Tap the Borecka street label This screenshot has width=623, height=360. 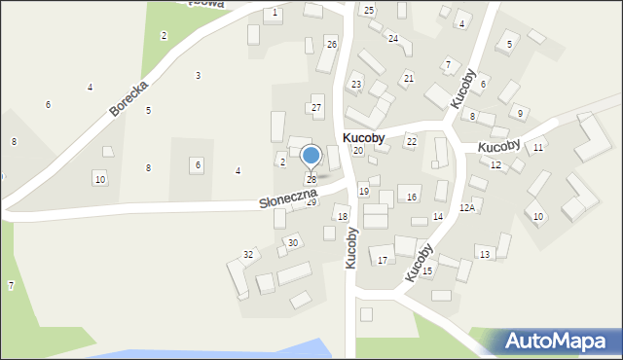coord(128,98)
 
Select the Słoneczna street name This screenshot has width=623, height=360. coord(287,198)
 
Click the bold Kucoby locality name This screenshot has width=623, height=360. coord(363,139)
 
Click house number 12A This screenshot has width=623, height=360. coord(467,207)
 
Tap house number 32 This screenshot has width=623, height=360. coord(248,255)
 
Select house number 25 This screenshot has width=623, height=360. coord(368,10)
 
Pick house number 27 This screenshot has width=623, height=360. coord(316,107)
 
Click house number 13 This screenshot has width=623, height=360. coord(484,254)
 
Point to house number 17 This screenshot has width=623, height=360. coord(383,260)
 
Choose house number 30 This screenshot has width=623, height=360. coord(293,242)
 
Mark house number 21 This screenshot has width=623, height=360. coord(409,78)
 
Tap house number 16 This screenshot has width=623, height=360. coord(412,198)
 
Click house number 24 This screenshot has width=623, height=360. coord(393,39)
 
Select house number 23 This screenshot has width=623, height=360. coord(356,85)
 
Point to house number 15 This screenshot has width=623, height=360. coord(426,270)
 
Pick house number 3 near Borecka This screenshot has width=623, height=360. coord(198,75)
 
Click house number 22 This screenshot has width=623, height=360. coord(412,142)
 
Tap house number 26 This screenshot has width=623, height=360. coord(332,45)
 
